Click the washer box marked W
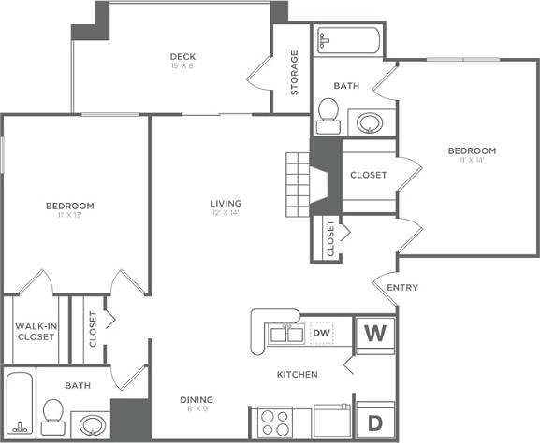[375, 333]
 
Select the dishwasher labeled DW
[321, 333]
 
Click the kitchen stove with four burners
[274, 422]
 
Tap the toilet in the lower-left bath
[53, 412]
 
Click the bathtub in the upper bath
[347, 41]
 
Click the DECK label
[182, 56]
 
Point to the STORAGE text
[294, 73]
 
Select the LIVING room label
[226, 203]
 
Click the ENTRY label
[401, 287]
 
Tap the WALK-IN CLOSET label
[35, 331]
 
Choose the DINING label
[197, 399]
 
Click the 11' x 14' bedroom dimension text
[471, 160]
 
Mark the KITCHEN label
[297, 374]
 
